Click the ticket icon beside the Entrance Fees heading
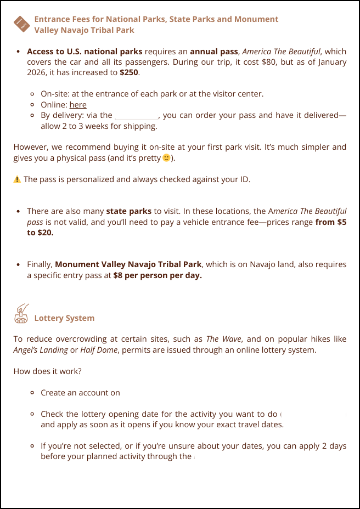(x=21, y=24)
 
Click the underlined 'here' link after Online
(x=78, y=105)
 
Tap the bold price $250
(x=129, y=72)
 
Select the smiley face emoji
(x=166, y=158)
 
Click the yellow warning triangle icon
(x=17, y=179)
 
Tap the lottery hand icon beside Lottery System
(x=21, y=314)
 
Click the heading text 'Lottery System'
(x=64, y=318)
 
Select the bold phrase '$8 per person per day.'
(x=157, y=275)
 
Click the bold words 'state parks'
(x=128, y=211)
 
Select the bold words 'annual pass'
(x=213, y=52)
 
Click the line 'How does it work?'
(x=47, y=371)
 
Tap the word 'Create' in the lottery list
(x=53, y=393)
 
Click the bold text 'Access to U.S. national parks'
(x=85, y=52)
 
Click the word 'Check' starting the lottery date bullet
(x=52, y=414)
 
